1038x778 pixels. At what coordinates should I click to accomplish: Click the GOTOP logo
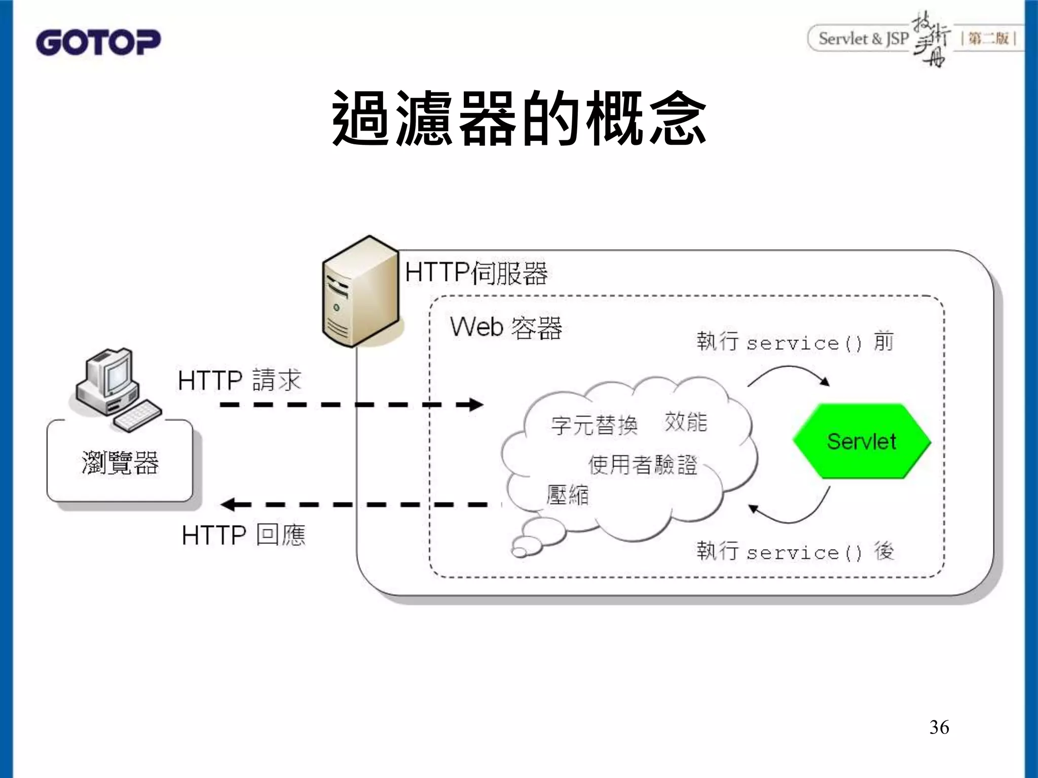click(98, 42)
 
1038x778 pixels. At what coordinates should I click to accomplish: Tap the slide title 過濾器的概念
click(519, 119)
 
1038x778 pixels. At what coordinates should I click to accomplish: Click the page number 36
click(939, 727)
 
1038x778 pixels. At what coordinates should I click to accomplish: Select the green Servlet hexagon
click(862, 441)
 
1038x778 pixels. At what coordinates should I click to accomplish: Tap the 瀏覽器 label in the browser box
click(120, 462)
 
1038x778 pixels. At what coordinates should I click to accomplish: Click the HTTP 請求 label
click(239, 380)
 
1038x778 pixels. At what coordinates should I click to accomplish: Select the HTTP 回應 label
click(243, 535)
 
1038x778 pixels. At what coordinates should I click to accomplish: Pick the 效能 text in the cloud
click(686, 421)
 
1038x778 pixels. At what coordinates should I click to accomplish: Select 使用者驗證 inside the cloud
click(643, 464)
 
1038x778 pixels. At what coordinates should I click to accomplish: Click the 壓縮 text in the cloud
click(568, 494)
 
